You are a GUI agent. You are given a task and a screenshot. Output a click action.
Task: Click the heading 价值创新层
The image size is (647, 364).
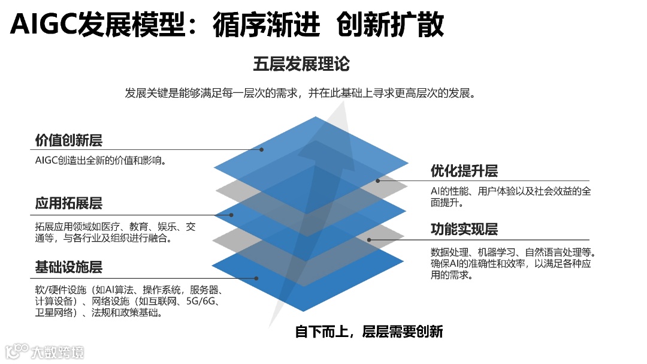pos(68,140)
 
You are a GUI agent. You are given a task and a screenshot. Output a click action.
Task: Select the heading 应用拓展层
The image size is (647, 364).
pos(68,203)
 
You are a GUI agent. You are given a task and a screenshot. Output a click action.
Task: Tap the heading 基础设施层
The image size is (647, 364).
pos(68,266)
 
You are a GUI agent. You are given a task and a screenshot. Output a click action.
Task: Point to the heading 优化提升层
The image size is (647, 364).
pos(464,171)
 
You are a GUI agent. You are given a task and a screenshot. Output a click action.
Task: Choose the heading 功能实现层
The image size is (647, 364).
pos(464,229)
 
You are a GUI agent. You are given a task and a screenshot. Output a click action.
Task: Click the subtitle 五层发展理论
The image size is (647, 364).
pos(301,64)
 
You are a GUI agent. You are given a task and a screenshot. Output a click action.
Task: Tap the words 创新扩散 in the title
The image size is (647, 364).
pos(390,25)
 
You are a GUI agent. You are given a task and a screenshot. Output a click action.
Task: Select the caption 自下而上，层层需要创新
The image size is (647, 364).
pos(369,331)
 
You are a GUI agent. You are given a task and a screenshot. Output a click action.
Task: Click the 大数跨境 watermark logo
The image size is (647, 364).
pos(44,351)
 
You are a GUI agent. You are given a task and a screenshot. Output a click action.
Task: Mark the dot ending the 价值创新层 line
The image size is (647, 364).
pos(262,149)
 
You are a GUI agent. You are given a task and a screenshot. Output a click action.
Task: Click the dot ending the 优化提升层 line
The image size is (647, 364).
pos(378,181)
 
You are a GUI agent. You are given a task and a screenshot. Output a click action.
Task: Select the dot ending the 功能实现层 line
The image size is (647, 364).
pos(369,240)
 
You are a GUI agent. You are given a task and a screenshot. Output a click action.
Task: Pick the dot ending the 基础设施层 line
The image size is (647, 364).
pos(256,278)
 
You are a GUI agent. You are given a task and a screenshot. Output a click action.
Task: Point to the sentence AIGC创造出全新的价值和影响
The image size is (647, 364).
pos(100,160)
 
